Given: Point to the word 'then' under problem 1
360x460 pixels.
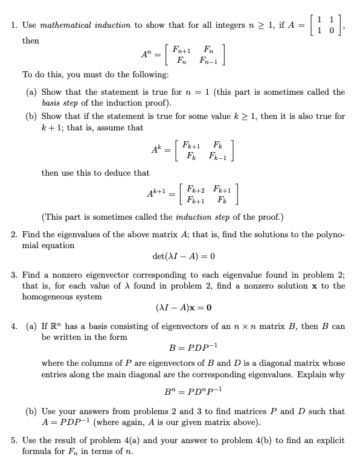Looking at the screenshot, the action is coord(31,40).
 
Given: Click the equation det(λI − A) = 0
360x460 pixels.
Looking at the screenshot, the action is coord(181,257).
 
